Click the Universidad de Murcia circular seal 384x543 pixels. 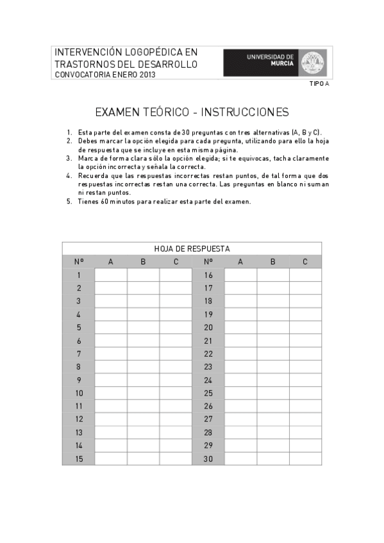click(x=313, y=62)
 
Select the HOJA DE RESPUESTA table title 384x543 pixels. click(x=192, y=248)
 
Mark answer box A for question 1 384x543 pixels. click(x=111, y=275)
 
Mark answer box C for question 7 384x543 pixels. click(x=176, y=353)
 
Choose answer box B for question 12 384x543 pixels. click(x=144, y=419)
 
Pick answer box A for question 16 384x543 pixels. click(x=240, y=275)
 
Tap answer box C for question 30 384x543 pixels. click(x=305, y=459)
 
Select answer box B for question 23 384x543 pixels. click(x=273, y=367)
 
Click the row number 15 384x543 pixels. click(x=79, y=459)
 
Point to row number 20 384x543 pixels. click(x=208, y=327)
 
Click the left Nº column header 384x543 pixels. click(x=79, y=261)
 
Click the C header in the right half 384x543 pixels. click(x=305, y=261)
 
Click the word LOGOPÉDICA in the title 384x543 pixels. click(x=147, y=51)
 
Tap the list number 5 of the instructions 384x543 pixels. click(x=69, y=202)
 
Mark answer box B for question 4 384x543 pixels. click(x=144, y=314)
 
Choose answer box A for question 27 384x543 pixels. click(x=240, y=419)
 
